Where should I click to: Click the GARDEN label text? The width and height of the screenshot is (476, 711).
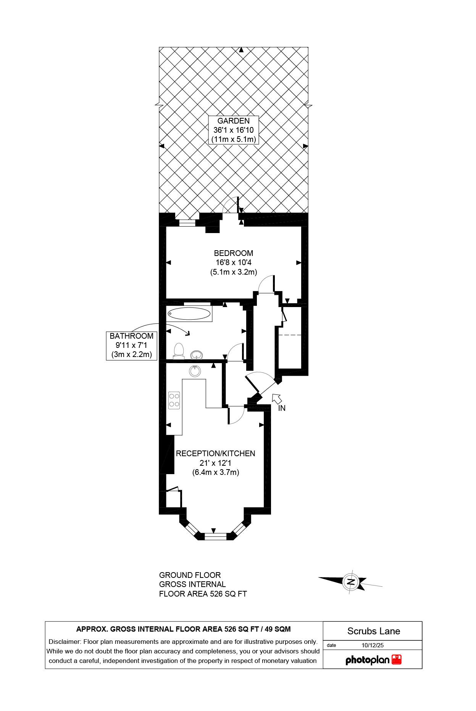coord(233,121)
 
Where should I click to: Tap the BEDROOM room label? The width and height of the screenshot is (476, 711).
coord(233,253)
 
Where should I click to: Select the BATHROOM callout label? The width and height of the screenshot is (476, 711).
coord(131,336)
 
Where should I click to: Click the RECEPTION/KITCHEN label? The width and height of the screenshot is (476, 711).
coord(215,454)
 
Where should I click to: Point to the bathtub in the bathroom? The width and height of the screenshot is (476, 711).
coord(189,314)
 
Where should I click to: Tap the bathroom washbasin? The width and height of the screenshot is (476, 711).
coord(197,355)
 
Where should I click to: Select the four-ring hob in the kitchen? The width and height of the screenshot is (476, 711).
coord(174,400)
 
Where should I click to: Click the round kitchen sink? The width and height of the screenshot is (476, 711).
coord(195,371)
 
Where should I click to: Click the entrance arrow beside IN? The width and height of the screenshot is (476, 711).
coord(277,399)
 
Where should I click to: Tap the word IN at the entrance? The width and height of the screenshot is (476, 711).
coord(282,408)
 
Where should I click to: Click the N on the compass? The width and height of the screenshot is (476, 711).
coord(350,582)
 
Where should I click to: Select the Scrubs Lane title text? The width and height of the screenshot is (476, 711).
coord(373,631)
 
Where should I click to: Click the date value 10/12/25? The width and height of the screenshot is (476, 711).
coord(373,645)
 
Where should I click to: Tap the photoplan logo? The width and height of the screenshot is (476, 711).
coord(373,660)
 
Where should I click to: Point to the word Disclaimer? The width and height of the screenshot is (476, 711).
coord(65,642)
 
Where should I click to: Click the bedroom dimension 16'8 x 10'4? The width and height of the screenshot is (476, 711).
coord(233,262)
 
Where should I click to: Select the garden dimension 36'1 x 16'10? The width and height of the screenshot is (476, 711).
coord(233,130)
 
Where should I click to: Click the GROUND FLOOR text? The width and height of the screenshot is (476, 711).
coord(190,575)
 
